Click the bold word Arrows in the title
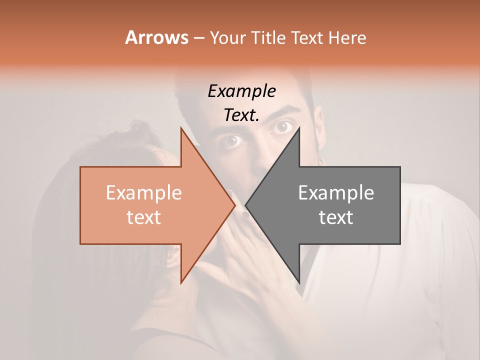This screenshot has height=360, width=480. (157, 37)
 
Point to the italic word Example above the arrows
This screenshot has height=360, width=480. (242, 91)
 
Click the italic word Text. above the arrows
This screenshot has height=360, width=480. (242, 115)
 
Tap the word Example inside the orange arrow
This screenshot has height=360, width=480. (143, 193)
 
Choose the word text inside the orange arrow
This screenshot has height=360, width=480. (143, 217)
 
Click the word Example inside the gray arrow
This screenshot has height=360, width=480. (336, 193)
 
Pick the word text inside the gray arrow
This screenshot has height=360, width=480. (336, 217)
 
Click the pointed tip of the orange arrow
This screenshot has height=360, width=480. (235, 204)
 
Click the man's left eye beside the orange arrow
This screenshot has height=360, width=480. (232, 142)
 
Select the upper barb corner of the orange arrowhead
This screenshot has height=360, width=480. (181, 127)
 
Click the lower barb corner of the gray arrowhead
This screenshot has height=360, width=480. (299, 283)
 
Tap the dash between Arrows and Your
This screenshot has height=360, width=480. (198, 38)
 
